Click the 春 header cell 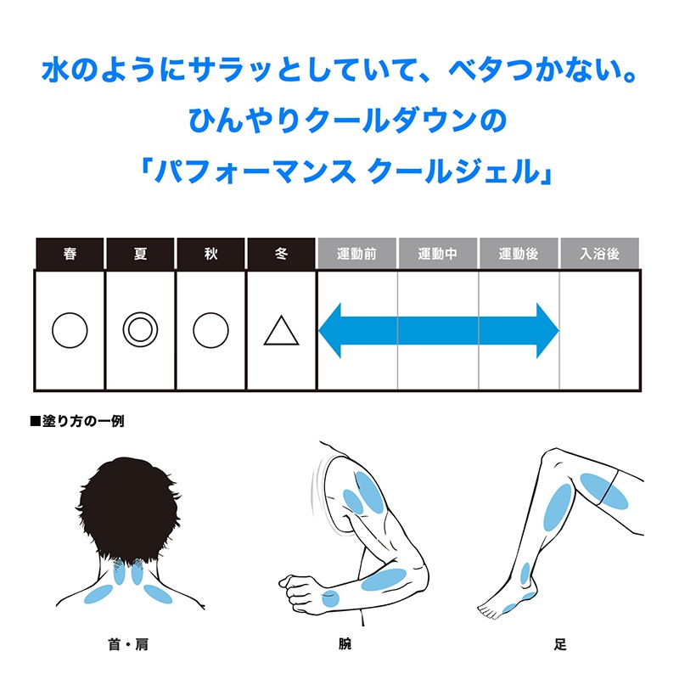tap(70, 253)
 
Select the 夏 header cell tap(140, 253)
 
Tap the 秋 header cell tap(210, 253)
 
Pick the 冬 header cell tap(282, 253)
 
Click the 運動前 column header tap(356, 253)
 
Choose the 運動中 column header tap(438, 253)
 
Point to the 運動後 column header tap(519, 253)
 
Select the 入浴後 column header tap(600, 253)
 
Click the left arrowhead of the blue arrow tap(330, 330)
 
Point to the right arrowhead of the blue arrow tap(547, 330)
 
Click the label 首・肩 tap(128, 644)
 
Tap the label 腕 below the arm tap(345, 644)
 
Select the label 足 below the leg tap(560, 644)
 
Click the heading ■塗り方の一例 tap(77, 421)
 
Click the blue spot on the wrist tap(330, 598)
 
